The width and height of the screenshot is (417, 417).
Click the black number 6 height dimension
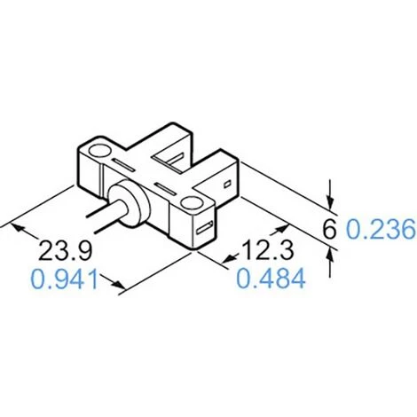[329, 231]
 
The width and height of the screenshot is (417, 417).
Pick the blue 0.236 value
[381, 231]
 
